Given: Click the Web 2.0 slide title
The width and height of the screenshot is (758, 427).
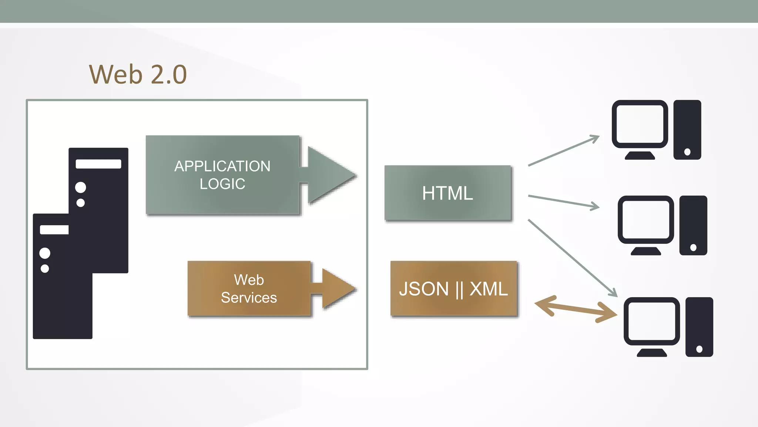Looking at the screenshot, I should [138, 74].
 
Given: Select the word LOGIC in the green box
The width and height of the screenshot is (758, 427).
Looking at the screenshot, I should [222, 184].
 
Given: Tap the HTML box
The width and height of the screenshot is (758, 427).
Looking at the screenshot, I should [448, 193].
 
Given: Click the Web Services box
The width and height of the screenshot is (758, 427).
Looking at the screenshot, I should [249, 289].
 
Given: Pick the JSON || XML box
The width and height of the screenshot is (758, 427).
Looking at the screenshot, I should [453, 289].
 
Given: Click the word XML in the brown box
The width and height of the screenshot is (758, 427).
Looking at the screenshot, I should [489, 289].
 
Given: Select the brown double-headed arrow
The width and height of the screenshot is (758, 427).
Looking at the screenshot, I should [576, 309].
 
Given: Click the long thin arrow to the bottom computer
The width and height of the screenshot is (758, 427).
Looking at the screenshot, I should [572, 258].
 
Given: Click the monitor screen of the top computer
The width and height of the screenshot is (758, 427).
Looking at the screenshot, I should [640, 124].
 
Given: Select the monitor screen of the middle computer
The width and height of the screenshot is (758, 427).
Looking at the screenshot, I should [645, 219].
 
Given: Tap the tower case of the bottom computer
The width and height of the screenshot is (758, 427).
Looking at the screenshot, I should [699, 326].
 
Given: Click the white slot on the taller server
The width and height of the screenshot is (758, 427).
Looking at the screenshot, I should [98, 164].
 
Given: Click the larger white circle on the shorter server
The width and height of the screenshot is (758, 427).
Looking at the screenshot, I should [45, 253].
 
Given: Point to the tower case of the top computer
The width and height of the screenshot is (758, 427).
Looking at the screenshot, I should [687, 129].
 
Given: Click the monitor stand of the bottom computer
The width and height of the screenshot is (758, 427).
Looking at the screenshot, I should [652, 352].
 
